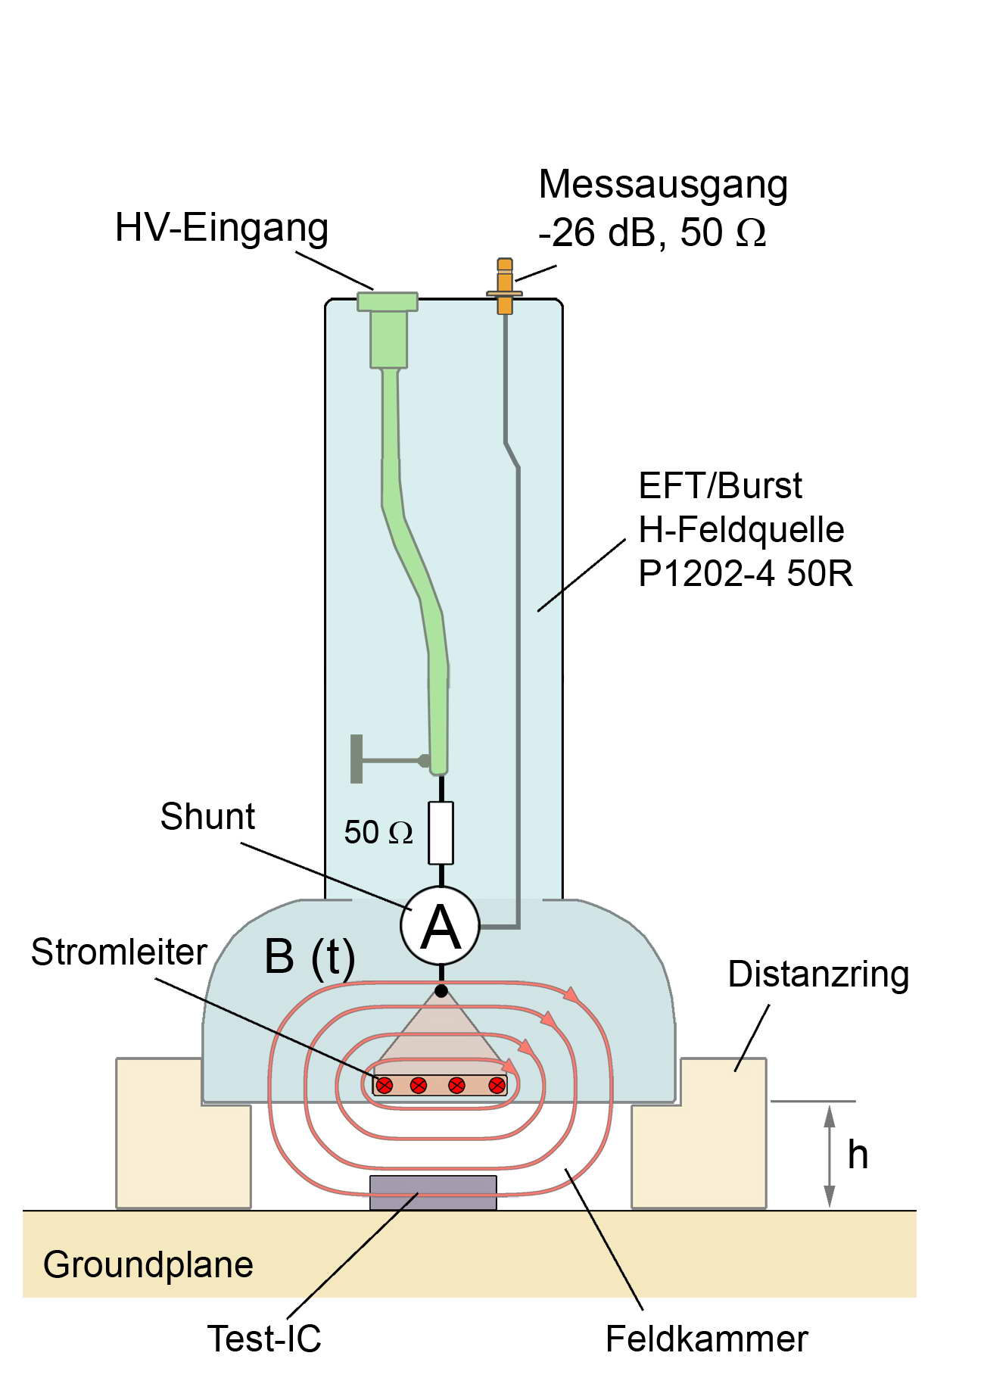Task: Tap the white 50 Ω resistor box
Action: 441,833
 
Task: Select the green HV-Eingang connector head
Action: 388,302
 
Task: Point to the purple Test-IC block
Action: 433,1192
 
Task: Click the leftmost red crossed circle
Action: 385,1085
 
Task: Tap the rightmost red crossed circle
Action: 497,1085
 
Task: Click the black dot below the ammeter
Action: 441,990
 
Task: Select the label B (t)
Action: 310,956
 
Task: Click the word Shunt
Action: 207,817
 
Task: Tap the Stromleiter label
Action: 119,952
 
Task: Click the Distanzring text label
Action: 817,974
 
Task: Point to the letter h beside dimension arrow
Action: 857,1155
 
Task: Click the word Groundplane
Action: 148,1264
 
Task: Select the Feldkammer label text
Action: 706,1339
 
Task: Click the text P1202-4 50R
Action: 745,573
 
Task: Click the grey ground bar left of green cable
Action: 357,759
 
